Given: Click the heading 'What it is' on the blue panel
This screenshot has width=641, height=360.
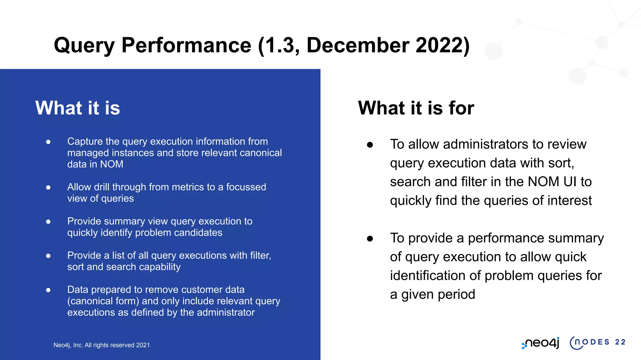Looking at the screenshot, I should pos(78,108).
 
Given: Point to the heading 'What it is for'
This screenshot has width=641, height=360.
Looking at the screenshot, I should pos(416,108).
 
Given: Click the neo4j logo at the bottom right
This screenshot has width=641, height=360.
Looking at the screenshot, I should pos(541,343).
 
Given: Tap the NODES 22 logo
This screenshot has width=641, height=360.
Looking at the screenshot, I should pos(597,342).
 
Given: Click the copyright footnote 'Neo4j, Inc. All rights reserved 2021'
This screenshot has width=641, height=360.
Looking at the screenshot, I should pos(101,345).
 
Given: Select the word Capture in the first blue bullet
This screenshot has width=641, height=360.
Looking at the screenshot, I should pos(85,142).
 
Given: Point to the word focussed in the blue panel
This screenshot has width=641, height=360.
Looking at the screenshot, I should pos(246,187).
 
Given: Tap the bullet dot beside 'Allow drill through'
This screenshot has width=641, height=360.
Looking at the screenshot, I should pos(48,187).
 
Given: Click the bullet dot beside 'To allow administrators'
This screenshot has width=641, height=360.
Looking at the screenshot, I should pos(370,145).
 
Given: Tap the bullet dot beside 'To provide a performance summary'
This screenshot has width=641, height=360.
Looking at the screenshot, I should pos(370,239).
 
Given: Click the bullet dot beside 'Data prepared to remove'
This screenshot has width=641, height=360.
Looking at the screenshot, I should pos(48,290).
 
